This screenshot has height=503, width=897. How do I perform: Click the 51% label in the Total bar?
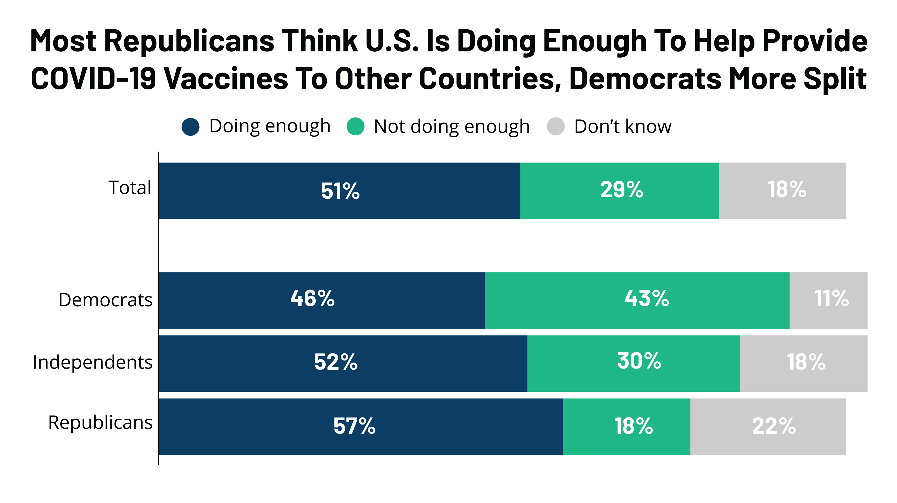coord(340,191)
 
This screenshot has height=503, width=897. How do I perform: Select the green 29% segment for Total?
coord(619,191)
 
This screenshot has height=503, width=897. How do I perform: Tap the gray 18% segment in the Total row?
coord(782,191)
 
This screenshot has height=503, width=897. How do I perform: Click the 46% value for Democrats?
coord(312,299)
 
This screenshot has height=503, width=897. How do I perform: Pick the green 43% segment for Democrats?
coord(636,300)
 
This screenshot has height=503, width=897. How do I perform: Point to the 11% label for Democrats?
coord(831,299)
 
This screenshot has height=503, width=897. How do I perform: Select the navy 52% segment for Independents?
coord(343,363)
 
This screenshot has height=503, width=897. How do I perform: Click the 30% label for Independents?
coord(639,361)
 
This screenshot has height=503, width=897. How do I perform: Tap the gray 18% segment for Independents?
coord(803,363)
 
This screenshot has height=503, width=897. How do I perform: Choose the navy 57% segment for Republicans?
coord(360,426)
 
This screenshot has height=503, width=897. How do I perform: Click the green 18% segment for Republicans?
coord(626,426)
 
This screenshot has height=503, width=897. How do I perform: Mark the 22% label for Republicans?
coord(774,426)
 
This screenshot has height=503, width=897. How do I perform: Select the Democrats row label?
coord(105,300)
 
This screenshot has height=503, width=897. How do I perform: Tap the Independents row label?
coord(93,362)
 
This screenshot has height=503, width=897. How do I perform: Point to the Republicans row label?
coord(100,423)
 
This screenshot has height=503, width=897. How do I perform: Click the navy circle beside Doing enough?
coord(190,126)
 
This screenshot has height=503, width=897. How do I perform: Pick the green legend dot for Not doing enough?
coord(355,126)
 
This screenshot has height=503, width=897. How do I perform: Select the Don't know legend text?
coord(623,126)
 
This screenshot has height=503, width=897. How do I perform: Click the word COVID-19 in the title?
coord(93,79)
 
